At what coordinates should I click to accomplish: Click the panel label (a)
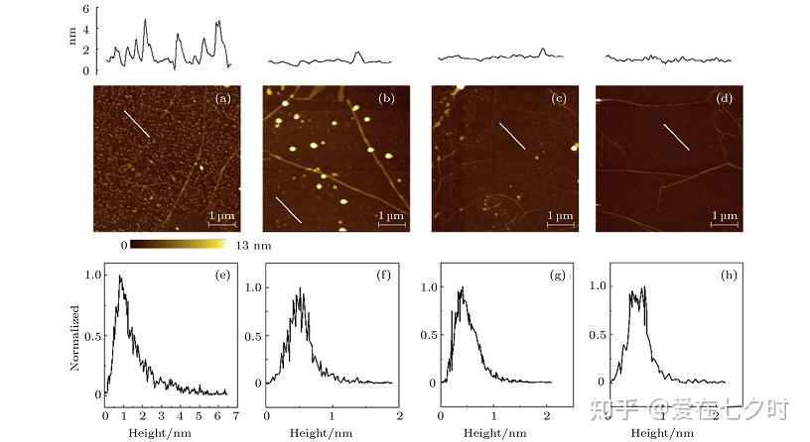point(223,98)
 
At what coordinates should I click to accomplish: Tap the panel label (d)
point(725,98)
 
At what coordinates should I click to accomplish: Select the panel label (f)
point(383,275)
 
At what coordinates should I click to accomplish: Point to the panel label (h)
point(729,275)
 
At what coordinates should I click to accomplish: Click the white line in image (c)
point(512,136)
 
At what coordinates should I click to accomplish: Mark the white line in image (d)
point(676,137)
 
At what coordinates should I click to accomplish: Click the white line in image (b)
point(288,209)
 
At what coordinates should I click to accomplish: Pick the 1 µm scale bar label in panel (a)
point(221,215)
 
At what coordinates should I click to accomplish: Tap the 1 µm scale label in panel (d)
point(725,215)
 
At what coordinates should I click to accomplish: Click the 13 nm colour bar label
point(253,246)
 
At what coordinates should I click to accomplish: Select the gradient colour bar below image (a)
point(179,244)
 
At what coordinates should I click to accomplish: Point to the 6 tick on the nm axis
point(85,9)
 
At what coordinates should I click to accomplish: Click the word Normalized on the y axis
point(74,338)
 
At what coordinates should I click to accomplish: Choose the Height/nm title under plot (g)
point(495,433)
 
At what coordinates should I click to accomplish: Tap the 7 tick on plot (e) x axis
point(236,415)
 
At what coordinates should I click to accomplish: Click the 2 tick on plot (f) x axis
point(399,415)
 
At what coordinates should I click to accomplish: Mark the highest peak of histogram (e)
point(120,276)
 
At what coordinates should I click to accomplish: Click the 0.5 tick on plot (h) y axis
point(597,335)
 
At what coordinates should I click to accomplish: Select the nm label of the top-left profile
point(71,36)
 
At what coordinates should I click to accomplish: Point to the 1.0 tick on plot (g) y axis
point(429,286)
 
